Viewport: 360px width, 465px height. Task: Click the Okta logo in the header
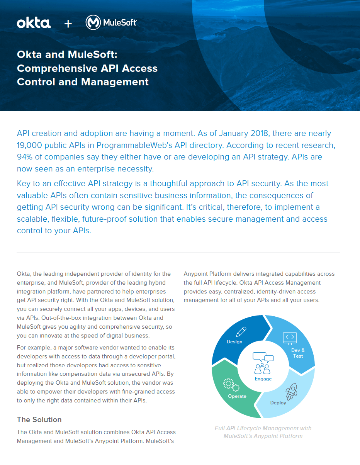(34, 23)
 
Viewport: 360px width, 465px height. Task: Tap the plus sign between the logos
(68, 24)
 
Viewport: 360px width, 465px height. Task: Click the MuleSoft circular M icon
(93, 23)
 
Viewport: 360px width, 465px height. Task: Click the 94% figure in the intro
(26, 157)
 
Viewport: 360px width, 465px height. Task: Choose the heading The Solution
(39, 419)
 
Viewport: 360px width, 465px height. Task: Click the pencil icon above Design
(241, 332)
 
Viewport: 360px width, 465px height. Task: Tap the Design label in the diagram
(234, 342)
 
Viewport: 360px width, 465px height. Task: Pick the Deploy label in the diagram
(278, 403)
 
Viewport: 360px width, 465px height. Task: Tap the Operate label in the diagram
(237, 396)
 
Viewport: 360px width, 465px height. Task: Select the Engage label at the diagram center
(263, 379)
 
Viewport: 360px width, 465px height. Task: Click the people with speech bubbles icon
(263, 363)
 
